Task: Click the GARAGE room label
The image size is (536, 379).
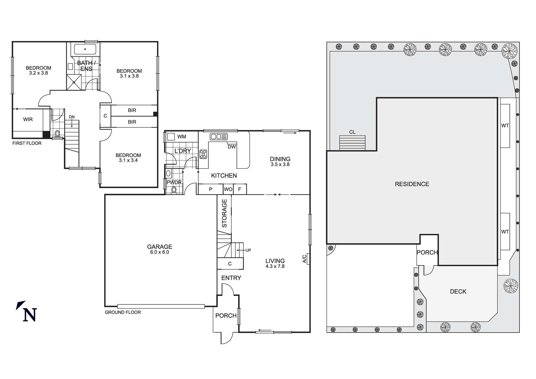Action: point(159,247)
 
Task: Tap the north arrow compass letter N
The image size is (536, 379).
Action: point(30,315)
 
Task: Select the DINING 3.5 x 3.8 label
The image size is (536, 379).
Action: point(280,161)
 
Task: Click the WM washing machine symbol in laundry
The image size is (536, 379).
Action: point(171,137)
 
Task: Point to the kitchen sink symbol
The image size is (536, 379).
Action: point(219,137)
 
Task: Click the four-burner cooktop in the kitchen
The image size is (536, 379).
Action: point(203,154)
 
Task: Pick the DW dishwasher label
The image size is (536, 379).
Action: point(232,147)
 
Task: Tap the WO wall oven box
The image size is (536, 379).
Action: point(228,189)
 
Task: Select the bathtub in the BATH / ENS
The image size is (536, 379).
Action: point(85,49)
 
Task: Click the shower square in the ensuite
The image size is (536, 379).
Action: point(74,82)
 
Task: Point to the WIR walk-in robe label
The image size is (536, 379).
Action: point(28,120)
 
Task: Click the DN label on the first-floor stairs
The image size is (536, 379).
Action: point(72,117)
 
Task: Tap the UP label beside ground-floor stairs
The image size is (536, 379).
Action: point(248,250)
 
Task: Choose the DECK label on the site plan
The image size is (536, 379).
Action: point(458,292)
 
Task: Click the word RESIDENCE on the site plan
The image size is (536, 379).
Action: point(412,184)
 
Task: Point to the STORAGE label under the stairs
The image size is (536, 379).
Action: point(224,213)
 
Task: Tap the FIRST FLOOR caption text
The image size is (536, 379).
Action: point(27,143)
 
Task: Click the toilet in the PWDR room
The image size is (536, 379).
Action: point(174,190)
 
